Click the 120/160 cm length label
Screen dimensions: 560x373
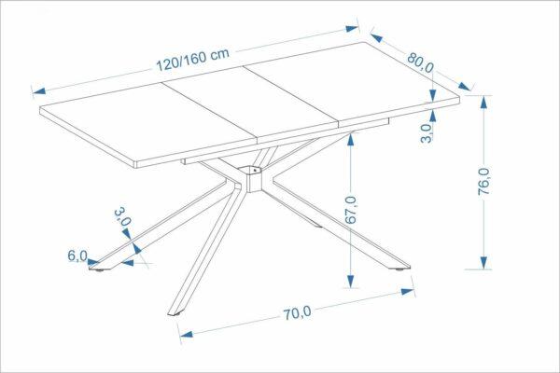click(x=193, y=60)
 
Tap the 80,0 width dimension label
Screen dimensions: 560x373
click(x=420, y=63)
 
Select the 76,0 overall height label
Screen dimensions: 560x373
click(x=483, y=181)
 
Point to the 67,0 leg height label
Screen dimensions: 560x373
click(x=352, y=210)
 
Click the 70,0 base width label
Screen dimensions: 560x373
click(x=297, y=313)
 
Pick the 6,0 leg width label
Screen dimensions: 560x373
click(x=77, y=256)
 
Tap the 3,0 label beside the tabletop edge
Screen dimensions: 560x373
click(x=427, y=133)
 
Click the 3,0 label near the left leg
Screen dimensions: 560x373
click(x=122, y=216)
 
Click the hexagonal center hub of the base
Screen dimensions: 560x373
click(x=254, y=178)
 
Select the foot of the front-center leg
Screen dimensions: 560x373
click(x=176, y=315)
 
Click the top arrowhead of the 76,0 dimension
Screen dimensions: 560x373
click(x=483, y=103)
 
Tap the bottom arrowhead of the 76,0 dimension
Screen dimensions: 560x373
click(x=483, y=262)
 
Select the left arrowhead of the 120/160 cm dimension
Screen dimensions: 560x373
click(x=39, y=91)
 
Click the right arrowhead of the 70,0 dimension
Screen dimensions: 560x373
click(x=408, y=292)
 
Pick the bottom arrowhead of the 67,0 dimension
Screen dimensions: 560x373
click(x=351, y=281)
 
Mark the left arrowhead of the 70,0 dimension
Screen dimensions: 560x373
click(x=187, y=335)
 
